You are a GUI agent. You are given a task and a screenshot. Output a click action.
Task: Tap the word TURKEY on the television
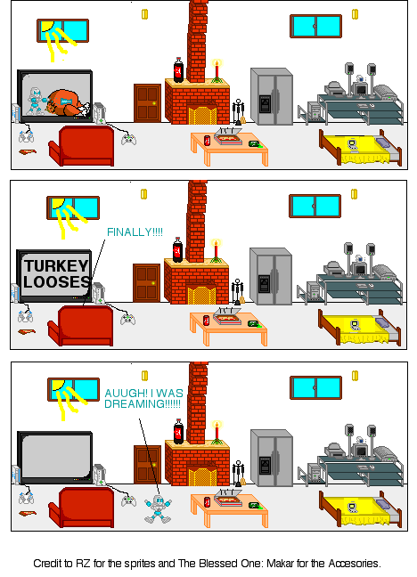56,266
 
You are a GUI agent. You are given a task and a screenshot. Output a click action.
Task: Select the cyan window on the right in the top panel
315,27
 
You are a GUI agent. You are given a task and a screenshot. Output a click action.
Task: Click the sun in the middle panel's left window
58,204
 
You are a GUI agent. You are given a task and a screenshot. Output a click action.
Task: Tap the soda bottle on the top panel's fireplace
178,69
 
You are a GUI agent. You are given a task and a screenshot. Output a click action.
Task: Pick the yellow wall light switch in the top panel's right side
355,13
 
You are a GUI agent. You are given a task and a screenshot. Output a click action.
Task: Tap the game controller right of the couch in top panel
129,138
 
